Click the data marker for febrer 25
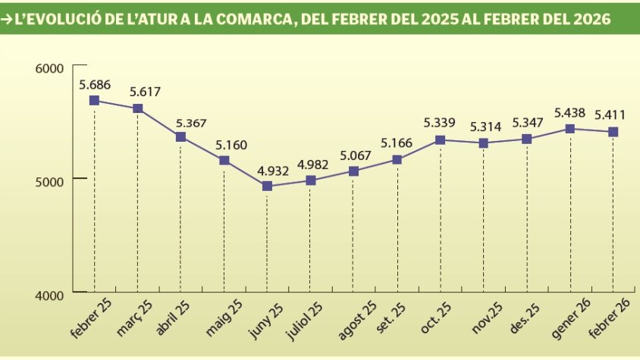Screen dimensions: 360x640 click(x=94, y=100)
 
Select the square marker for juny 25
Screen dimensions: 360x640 click(x=267, y=186)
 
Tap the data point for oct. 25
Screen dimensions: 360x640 click(x=440, y=139)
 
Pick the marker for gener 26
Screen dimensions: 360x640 click(x=569, y=129)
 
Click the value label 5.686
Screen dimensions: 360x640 click(x=95, y=84)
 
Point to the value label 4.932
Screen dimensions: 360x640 click(x=267, y=170)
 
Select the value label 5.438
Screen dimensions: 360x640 click(x=570, y=112)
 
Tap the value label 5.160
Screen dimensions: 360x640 click(x=224, y=143)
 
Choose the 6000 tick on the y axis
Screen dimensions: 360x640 click(x=51, y=68)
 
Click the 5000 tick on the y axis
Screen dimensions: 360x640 click(x=51, y=179)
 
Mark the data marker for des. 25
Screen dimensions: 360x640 click(x=526, y=139)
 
